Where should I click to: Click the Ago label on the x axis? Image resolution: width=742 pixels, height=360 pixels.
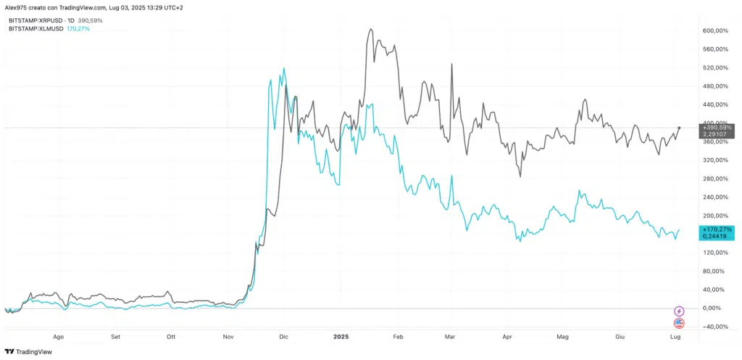click(59, 338)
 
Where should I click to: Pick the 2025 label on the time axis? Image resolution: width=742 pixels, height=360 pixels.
click(341, 338)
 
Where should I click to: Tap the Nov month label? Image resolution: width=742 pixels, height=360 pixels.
click(228, 338)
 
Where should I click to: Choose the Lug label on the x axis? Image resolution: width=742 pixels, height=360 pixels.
click(675, 338)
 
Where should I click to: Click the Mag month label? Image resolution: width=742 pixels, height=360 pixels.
click(563, 338)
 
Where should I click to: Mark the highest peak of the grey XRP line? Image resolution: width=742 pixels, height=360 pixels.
click(371, 30)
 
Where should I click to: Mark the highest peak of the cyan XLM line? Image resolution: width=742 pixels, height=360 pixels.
click(283, 68)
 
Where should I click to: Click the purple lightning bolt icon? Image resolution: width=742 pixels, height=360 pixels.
click(679, 311)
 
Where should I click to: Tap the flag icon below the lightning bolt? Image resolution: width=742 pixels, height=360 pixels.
click(679, 322)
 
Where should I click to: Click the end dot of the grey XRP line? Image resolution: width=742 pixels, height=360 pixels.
click(679, 128)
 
